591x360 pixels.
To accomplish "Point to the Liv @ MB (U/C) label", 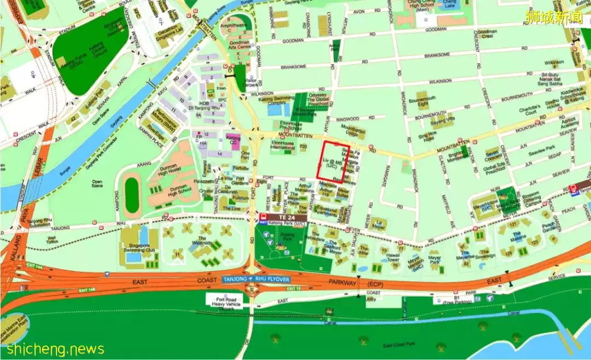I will click(331, 163).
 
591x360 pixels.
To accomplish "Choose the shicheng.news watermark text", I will click(53, 349).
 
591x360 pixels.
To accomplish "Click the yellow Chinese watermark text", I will click(554, 16).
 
